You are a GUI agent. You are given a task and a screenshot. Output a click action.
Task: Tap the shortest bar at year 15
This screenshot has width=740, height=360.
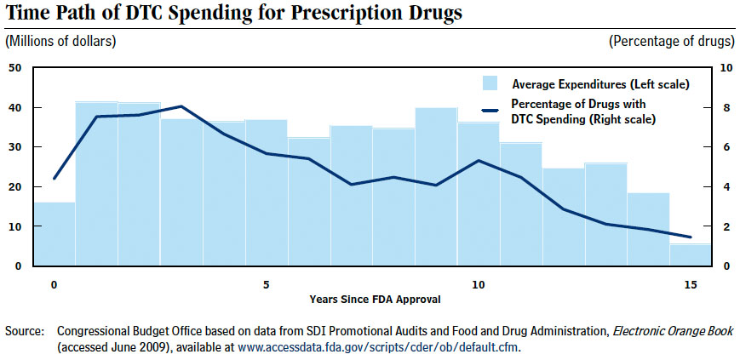click(x=689, y=255)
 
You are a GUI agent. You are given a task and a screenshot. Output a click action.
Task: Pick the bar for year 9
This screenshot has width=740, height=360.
click(x=436, y=187)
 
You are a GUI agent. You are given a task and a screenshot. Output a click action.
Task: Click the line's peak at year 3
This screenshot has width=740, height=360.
click(x=181, y=106)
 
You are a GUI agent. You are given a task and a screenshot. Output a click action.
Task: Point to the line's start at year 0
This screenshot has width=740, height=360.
click(x=54, y=179)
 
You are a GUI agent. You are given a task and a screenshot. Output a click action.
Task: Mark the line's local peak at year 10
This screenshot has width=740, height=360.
click(x=479, y=160)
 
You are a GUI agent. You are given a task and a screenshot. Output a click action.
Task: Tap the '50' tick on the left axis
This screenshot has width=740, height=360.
click(x=14, y=67)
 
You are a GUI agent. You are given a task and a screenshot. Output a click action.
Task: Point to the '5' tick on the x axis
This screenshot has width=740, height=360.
click(x=266, y=283)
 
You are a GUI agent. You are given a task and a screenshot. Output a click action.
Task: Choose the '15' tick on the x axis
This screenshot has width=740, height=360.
click(x=689, y=283)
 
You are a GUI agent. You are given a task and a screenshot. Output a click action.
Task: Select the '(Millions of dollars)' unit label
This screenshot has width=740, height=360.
click(x=60, y=41)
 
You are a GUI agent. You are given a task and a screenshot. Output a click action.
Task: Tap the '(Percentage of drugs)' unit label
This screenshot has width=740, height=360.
click(x=672, y=41)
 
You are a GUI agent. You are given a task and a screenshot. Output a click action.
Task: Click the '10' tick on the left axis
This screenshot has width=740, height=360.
click(x=14, y=226)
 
